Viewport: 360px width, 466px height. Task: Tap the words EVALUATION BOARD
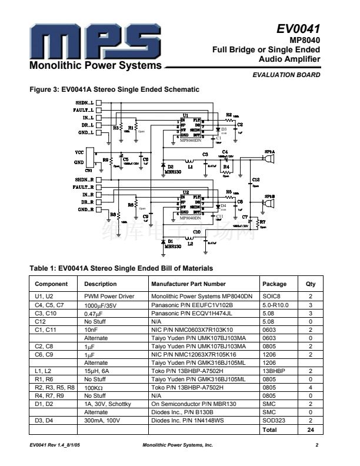286,75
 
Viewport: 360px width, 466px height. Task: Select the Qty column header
311,284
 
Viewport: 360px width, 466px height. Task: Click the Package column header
275,284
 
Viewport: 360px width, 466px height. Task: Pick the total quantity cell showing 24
311,430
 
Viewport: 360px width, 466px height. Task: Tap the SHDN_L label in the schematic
84,102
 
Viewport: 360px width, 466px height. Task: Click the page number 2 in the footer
316,444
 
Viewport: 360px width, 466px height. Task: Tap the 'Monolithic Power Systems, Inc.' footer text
178,444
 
